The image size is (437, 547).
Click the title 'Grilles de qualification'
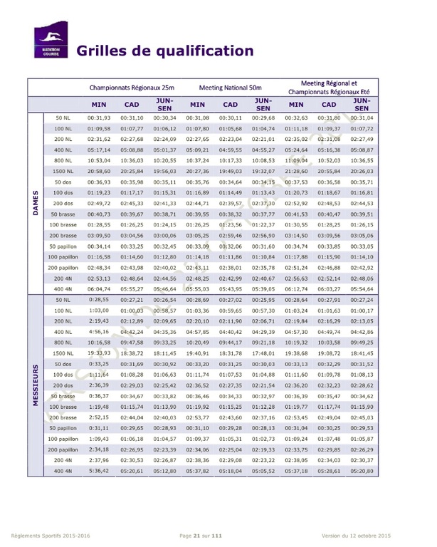coord(164,51)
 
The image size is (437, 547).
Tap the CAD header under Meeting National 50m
coord(230,104)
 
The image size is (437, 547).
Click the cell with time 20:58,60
coord(99,172)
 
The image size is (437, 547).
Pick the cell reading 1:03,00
coord(99,311)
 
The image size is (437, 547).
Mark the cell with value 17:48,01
coord(263,352)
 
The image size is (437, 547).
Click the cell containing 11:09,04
coord(296,161)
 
